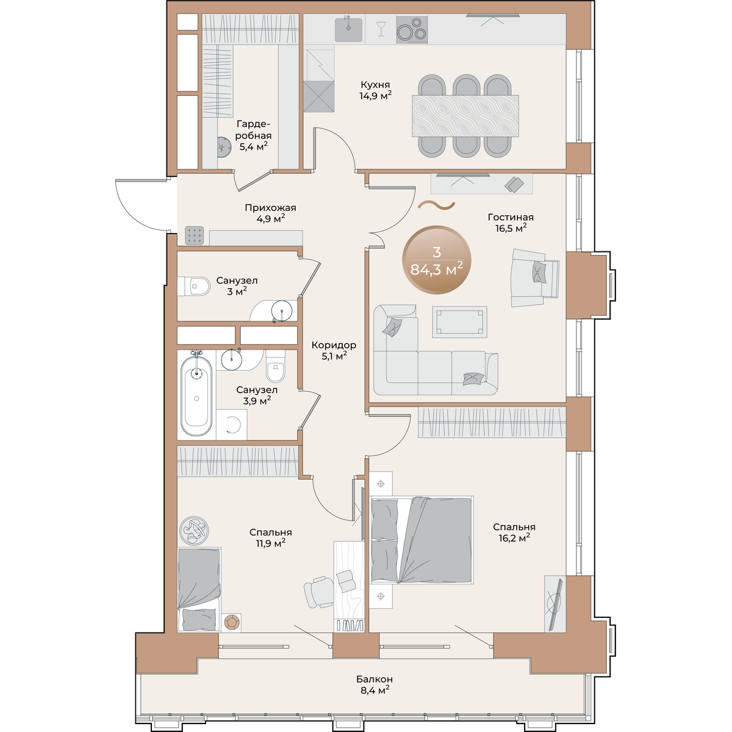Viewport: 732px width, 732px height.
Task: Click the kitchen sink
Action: click(x=348, y=29)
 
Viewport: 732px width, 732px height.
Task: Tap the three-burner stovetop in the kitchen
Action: click(x=411, y=30)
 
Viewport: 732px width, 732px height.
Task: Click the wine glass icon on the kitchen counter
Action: click(x=380, y=29)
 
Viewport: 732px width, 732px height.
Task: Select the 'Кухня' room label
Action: click(x=375, y=84)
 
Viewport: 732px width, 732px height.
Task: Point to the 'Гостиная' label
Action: click(x=511, y=217)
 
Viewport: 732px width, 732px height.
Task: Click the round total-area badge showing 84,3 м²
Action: click(x=437, y=259)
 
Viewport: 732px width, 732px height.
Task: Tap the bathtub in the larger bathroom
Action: click(x=196, y=396)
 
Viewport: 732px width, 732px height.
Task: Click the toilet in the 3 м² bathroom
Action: click(x=194, y=286)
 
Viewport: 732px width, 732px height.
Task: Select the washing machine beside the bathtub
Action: click(x=231, y=425)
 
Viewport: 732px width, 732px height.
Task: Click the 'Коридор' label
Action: click(x=334, y=345)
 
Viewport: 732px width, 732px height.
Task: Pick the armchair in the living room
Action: click(x=535, y=278)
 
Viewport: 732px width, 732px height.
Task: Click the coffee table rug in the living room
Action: click(x=459, y=321)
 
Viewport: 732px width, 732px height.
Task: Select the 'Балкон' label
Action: click(x=374, y=678)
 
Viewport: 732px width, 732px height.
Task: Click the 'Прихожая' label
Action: click(x=270, y=208)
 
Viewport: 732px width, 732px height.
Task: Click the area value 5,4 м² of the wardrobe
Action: click(x=253, y=146)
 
